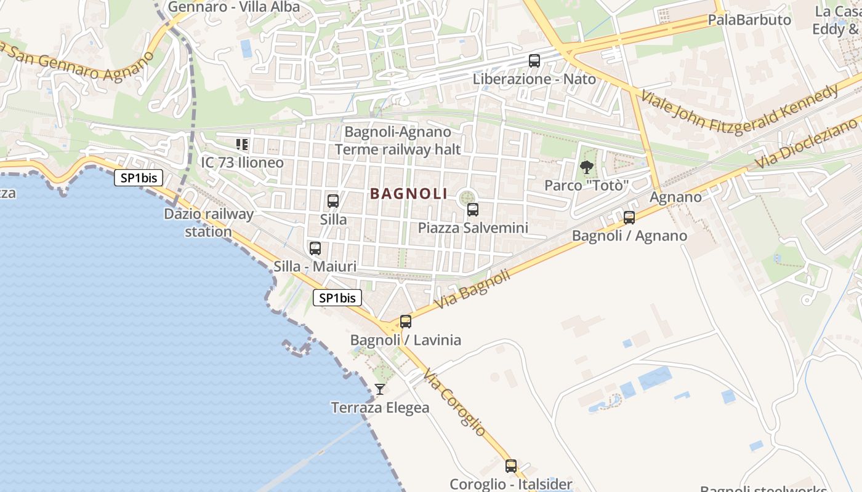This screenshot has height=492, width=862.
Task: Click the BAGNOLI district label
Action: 409,193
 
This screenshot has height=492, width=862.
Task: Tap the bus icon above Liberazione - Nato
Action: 534,61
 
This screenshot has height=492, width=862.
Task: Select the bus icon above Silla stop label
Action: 333,201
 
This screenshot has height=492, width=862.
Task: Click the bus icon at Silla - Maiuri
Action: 315,248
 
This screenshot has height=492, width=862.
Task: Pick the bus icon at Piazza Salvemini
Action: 473,210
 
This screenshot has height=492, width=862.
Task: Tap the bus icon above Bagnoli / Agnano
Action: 629,217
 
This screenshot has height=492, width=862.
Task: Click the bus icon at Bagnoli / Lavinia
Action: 406,322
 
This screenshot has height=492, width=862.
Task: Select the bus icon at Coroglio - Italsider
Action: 511,466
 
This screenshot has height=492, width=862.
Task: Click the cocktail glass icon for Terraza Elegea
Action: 380,389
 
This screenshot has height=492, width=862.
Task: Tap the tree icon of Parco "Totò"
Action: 587,167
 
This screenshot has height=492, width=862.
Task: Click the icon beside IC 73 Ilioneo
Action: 242,145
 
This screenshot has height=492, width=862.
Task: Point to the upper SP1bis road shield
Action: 139,178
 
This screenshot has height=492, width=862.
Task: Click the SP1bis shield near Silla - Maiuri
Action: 337,298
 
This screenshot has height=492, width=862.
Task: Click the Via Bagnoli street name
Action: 472,289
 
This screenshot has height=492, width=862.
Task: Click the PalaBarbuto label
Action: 749,20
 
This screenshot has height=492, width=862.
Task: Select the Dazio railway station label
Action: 209,223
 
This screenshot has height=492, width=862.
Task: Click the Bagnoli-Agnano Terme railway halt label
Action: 398,140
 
